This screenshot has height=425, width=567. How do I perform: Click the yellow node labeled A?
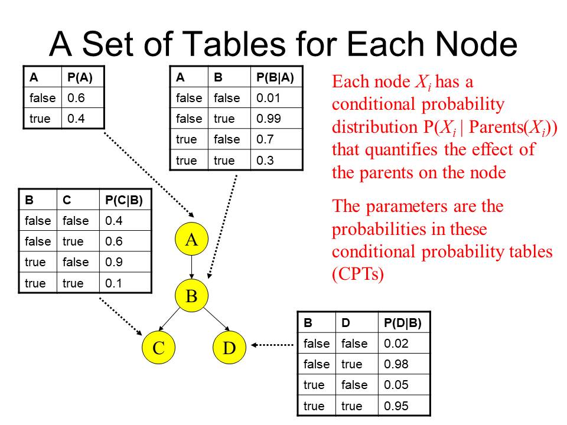[191, 239]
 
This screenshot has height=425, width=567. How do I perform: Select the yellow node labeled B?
[191, 295]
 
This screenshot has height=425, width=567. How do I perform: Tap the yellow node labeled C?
[158, 347]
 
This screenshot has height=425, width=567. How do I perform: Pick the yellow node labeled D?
[229, 347]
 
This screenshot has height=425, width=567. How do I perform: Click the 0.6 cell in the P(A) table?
[76, 97]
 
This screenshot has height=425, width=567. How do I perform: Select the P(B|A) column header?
[275, 77]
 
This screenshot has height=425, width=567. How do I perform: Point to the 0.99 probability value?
[268, 119]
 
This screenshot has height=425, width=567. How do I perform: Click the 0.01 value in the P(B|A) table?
[268, 98]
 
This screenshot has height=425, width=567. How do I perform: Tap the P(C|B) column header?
[123, 200]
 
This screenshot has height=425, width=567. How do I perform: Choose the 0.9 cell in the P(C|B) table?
[113, 262]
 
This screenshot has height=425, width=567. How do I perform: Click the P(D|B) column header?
[402, 323]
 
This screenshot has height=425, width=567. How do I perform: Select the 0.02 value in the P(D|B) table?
[396, 344]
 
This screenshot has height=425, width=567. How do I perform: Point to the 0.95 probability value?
[396, 406]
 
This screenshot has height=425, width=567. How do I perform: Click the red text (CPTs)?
[358, 274]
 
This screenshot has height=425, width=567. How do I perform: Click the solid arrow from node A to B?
[191, 267]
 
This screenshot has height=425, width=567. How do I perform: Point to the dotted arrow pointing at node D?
[272, 345]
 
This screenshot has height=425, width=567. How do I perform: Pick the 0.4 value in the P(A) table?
[76, 119]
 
